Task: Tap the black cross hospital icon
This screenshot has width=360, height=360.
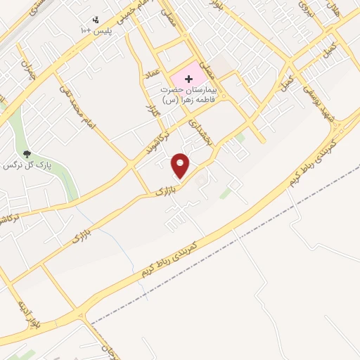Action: (188, 78)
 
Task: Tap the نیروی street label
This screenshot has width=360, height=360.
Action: (304, 9)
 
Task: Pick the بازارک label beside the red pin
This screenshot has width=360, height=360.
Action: (164, 189)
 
